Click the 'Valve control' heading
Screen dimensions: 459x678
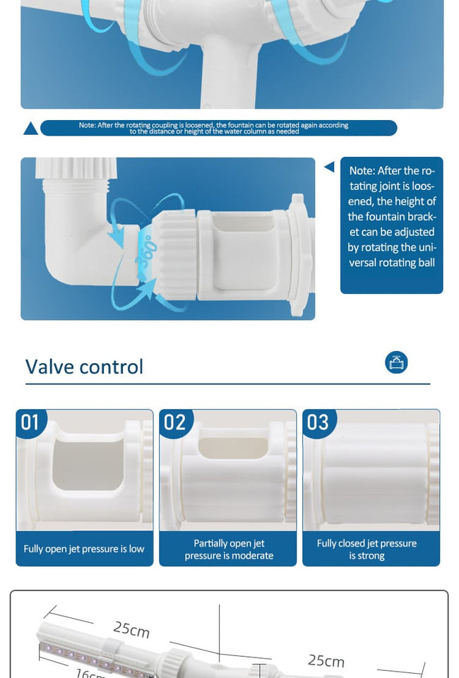pos(84,367)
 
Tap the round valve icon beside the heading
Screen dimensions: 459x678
pos(396,362)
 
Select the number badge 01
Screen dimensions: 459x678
pos(30,422)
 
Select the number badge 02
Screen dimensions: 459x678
pos(175,422)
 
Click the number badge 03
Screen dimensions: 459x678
pos(318,422)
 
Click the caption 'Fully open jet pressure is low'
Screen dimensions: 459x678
pos(84,549)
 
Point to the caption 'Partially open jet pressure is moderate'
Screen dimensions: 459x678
pos(229,549)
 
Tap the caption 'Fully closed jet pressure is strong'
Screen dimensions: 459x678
pos(366,549)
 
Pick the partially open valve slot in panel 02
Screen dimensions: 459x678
pos(234,448)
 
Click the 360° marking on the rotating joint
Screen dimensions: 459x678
pos(143,251)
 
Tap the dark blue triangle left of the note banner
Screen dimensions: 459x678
pos(30,129)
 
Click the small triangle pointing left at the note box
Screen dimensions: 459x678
pos(329,167)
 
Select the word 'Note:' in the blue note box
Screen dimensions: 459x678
pos(362,171)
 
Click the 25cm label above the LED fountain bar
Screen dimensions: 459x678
pos(131,629)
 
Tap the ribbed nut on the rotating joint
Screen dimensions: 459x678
pos(174,255)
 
